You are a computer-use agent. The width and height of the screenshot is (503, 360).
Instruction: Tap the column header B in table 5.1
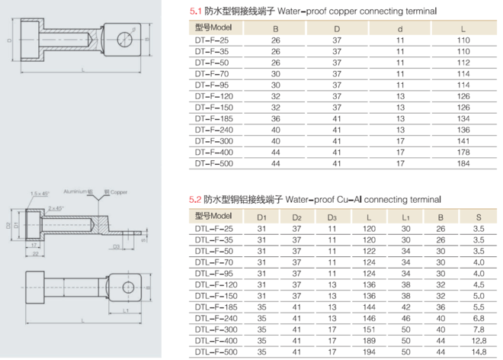[x=275, y=27]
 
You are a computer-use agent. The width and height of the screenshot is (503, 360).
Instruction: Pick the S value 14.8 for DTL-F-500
[x=477, y=352]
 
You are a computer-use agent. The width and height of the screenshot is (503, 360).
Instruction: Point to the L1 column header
[x=405, y=216]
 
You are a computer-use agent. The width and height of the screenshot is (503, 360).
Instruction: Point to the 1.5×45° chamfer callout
[x=40, y=194]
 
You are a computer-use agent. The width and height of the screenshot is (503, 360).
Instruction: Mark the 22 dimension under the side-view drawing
[x=34, y=254]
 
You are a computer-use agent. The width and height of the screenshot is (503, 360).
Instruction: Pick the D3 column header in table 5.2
[x=332, y=216]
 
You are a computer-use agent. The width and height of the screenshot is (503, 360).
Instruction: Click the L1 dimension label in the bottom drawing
[x=123, y=312]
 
